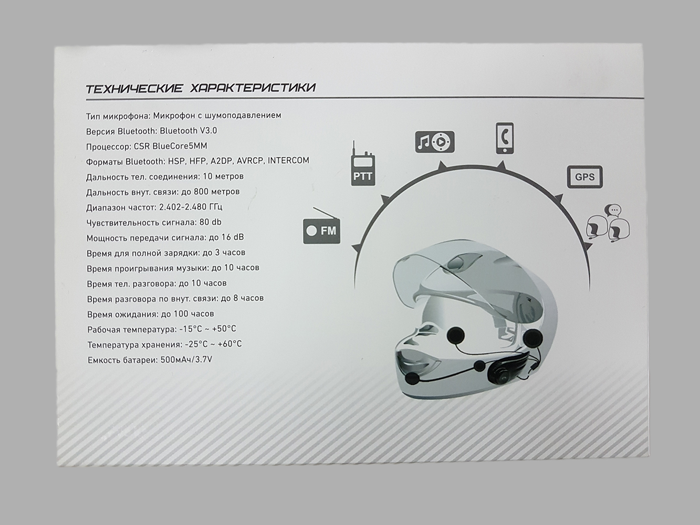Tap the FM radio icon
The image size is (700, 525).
point(321,226)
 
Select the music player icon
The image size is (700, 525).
point(434,142)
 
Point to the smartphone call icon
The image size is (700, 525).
point(505,138)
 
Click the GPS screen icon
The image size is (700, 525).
point(584,176)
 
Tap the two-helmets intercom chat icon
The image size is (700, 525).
point(608,224)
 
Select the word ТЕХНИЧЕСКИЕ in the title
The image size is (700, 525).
point(134,88)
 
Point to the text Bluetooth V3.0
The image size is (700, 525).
point(188,130)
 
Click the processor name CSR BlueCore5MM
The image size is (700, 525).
point(170,146)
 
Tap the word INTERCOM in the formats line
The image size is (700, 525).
point(288,160)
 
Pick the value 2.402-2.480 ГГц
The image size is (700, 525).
point(191,207)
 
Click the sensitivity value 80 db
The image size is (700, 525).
point(211,222)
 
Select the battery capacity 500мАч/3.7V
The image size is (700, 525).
point(186,360)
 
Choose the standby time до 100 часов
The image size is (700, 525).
point(187,314)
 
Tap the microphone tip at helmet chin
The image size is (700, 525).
point(412,379)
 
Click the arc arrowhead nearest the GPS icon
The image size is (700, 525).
point(558,198)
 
